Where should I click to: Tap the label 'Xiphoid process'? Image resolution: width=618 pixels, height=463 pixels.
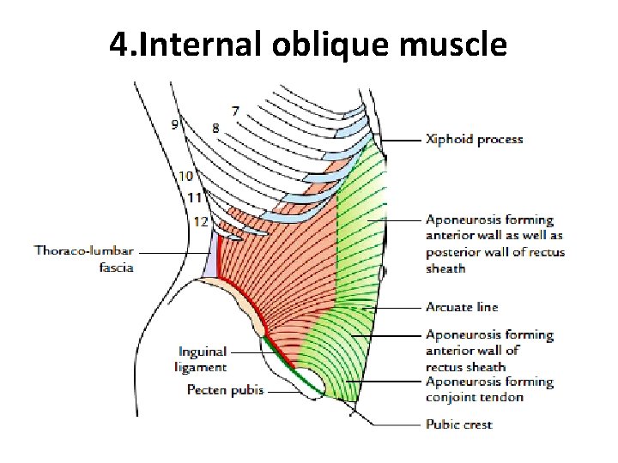tap(474, 139)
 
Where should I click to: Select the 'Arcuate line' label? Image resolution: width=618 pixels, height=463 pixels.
tap(462, 307)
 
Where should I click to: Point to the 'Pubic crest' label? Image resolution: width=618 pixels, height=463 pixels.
tap(459, 424)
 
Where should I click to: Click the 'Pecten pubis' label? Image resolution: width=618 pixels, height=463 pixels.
tap(226, 390)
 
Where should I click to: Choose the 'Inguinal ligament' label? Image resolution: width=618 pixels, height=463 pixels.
tap(203, 359)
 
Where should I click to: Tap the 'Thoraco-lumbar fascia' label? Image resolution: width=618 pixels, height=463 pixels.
tap(84, 258)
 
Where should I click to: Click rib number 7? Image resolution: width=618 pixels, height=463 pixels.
tap(235, 111)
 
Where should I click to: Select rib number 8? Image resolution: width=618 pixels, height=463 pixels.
tap(215, 128)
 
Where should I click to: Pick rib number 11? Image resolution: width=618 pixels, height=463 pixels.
tap(194, 198)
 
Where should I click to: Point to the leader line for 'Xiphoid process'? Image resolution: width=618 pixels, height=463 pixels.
tap(402, 140)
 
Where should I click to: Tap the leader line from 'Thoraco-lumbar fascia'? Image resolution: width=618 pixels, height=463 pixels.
tap(175, 252)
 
